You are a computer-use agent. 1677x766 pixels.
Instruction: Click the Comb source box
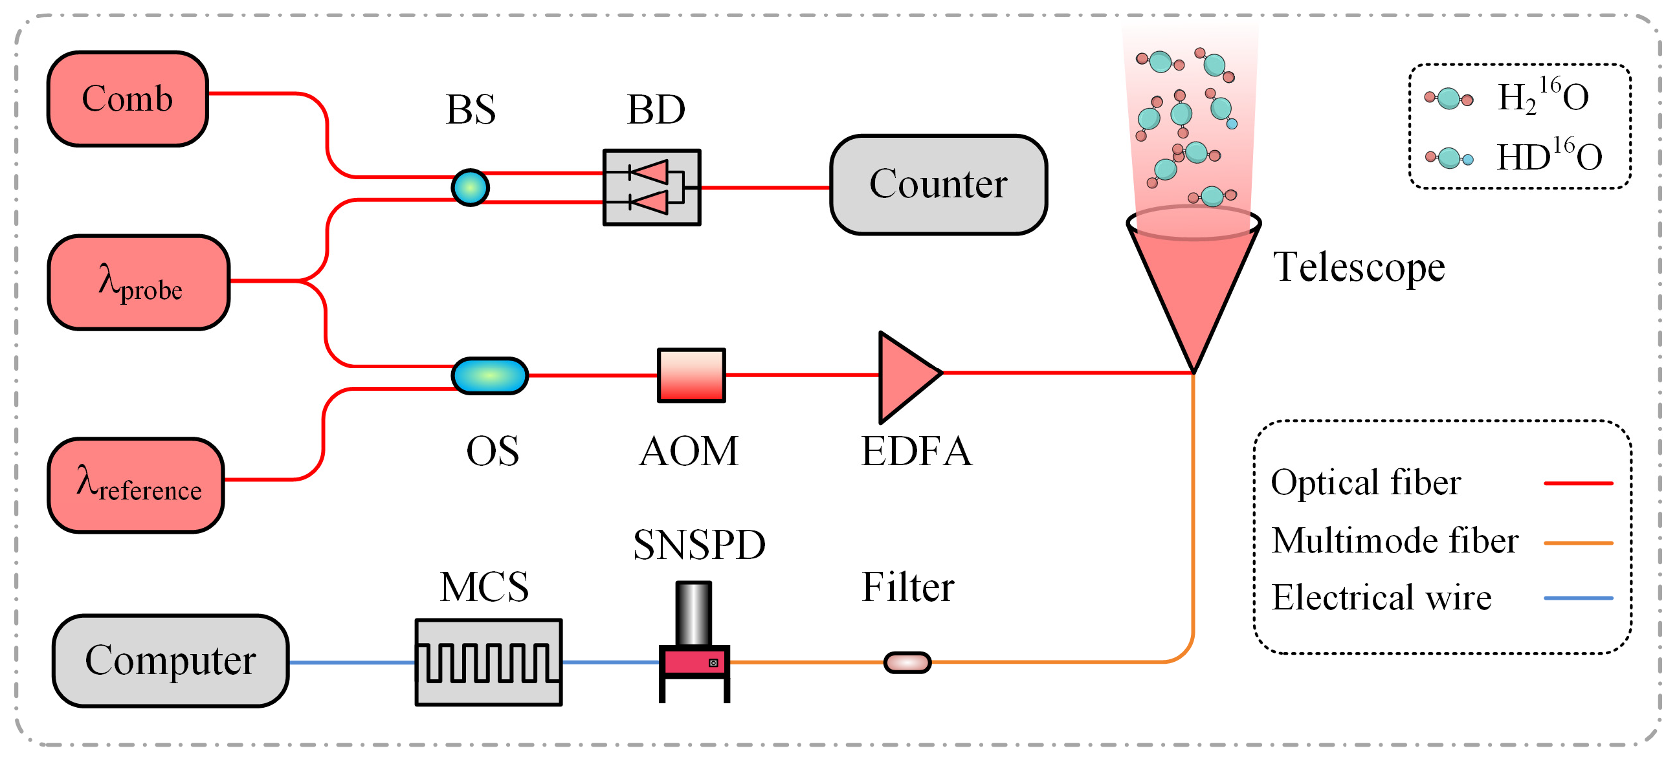pyautogui.click(x=128, y=99)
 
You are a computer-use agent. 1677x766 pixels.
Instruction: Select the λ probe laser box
pyautogui.click(x=139, y=283)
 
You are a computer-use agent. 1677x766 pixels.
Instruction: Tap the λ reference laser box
pyautogui.click(x=136, y=485)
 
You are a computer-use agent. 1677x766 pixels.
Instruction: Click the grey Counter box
pyautogui.click(x=937, y=185)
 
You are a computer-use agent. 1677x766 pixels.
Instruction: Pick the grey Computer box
pyautogui.click(x=171, y=661)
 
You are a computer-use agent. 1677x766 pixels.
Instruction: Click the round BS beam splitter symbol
pyautogui.click(x=470, y=188)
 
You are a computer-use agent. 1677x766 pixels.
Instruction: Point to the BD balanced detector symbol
pyautogui.click(x=652, y=188)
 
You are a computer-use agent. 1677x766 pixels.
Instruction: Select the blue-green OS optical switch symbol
pyautogui.click(x=489, y=375)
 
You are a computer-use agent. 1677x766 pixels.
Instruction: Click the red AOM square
pyautogui.click(x=691, y=375)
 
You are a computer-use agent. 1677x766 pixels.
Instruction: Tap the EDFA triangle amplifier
pyautogui.click(x=905, y=376)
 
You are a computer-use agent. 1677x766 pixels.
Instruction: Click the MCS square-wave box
pyautogui.click(x=488, y=662)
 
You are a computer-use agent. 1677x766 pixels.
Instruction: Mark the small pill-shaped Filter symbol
pyautogui.click(x=907, y=662)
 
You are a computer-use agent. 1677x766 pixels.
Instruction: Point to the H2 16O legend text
pyautogui.click(x=1542, y=96)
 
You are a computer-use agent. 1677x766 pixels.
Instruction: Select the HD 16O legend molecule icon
pyautogui.click(x=1449, y=157)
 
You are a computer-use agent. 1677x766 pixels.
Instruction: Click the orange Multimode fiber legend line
pyautogui.click(x=1577, y=542)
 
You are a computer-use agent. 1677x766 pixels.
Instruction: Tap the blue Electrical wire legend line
pyautogui.click(x=1577, y=597)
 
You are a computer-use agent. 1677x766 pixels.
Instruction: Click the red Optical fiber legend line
pyautogui.click(x=1577, y=483)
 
